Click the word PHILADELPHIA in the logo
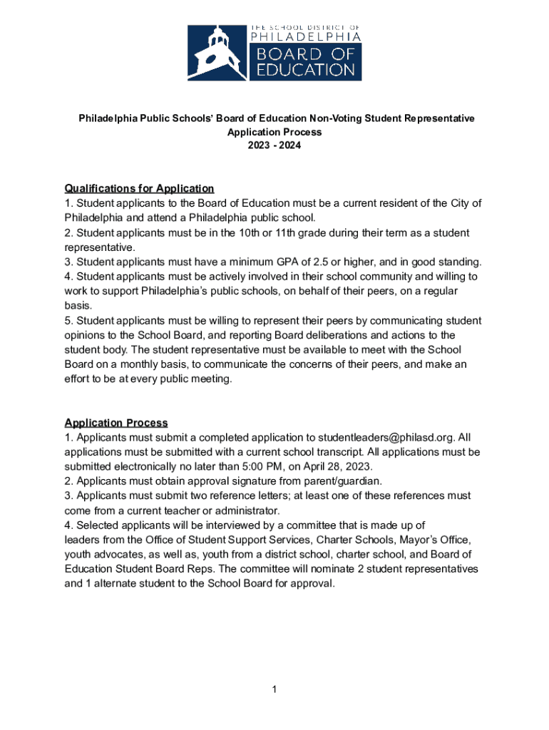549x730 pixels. click(304, 35)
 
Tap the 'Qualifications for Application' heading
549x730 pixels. click(139, 189)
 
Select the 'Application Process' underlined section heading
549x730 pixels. click(116, 423)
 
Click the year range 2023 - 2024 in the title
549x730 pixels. click(274, 146)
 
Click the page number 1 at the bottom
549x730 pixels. click(274, 689)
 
